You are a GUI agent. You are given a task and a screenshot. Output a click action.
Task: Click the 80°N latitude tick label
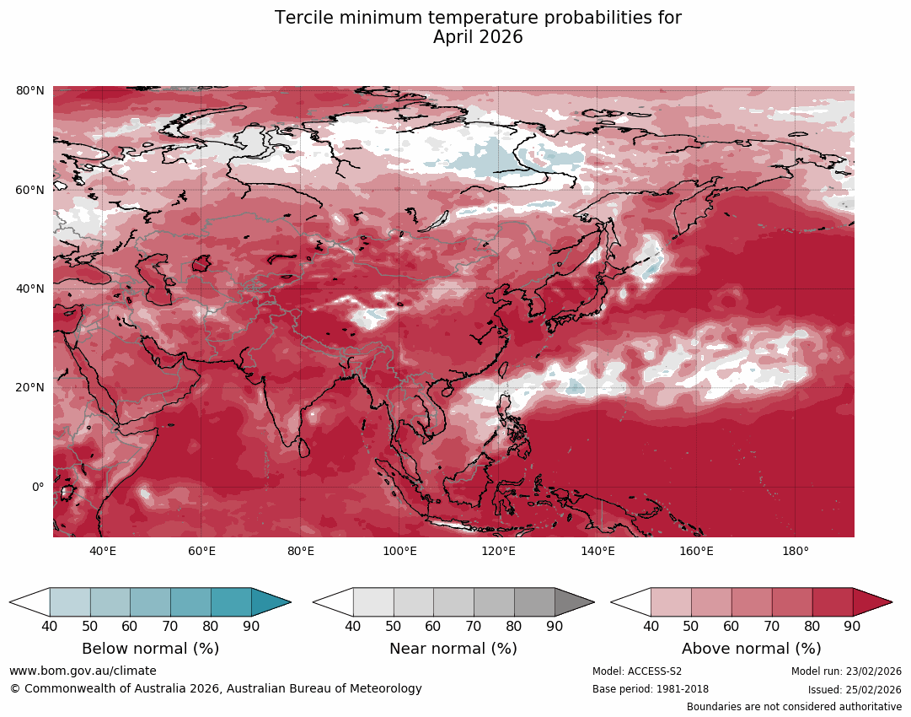pos(30,90)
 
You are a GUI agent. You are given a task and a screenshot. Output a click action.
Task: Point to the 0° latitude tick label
pos(37,487)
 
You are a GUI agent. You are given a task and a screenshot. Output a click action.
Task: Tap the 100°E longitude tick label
pos(399,551)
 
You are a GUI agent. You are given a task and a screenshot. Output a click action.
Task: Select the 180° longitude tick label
pos(795,551)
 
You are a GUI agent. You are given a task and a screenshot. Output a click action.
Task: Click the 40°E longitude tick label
pos(103,551)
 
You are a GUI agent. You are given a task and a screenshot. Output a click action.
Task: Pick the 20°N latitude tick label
pos(30,388)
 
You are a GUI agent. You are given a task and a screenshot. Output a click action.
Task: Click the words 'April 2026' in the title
pos(478,37)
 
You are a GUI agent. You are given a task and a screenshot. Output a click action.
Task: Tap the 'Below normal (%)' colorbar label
pos(150,649)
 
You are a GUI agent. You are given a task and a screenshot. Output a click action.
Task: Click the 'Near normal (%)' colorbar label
pos(453,649)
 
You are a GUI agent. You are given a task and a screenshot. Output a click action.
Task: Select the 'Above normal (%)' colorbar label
pos(751,649)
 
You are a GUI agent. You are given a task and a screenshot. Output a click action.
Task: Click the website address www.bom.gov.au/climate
pos(83,671)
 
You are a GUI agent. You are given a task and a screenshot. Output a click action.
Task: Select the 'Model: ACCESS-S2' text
pos(637,671)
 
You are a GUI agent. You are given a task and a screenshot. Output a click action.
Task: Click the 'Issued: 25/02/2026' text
pos(855,689)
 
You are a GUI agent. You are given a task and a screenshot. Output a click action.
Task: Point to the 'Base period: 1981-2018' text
pos(651,689)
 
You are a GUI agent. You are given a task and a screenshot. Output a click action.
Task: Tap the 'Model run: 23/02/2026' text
pos(846,671)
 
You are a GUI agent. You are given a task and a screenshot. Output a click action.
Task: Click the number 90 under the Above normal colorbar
pos(852,626)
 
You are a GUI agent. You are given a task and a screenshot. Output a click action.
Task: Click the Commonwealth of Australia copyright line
pos(216,688)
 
